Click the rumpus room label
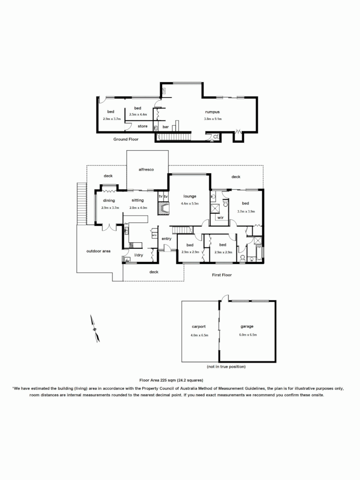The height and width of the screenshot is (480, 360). click(212, 112)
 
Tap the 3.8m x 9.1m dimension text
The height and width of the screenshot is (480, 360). click(212, 119)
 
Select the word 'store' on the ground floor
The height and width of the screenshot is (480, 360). click(142, 126)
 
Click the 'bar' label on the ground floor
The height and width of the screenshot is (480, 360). click(165, 127)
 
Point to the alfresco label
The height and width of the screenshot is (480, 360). click(146, 169)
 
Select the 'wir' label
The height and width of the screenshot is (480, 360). click(220, 218)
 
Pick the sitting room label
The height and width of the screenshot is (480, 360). click(137, 200)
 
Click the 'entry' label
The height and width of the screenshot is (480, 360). click(166, 239)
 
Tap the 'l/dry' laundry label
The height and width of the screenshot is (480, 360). click(138, 255)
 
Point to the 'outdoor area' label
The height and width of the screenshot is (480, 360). click(98, 251)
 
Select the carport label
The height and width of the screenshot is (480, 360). click(199, 326)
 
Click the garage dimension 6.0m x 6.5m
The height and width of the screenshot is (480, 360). click(248, 334)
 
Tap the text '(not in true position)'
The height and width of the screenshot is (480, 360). click(226, 367)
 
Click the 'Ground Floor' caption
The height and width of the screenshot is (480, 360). click(126, 139)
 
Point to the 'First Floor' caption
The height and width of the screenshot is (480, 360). click(222, 275)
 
